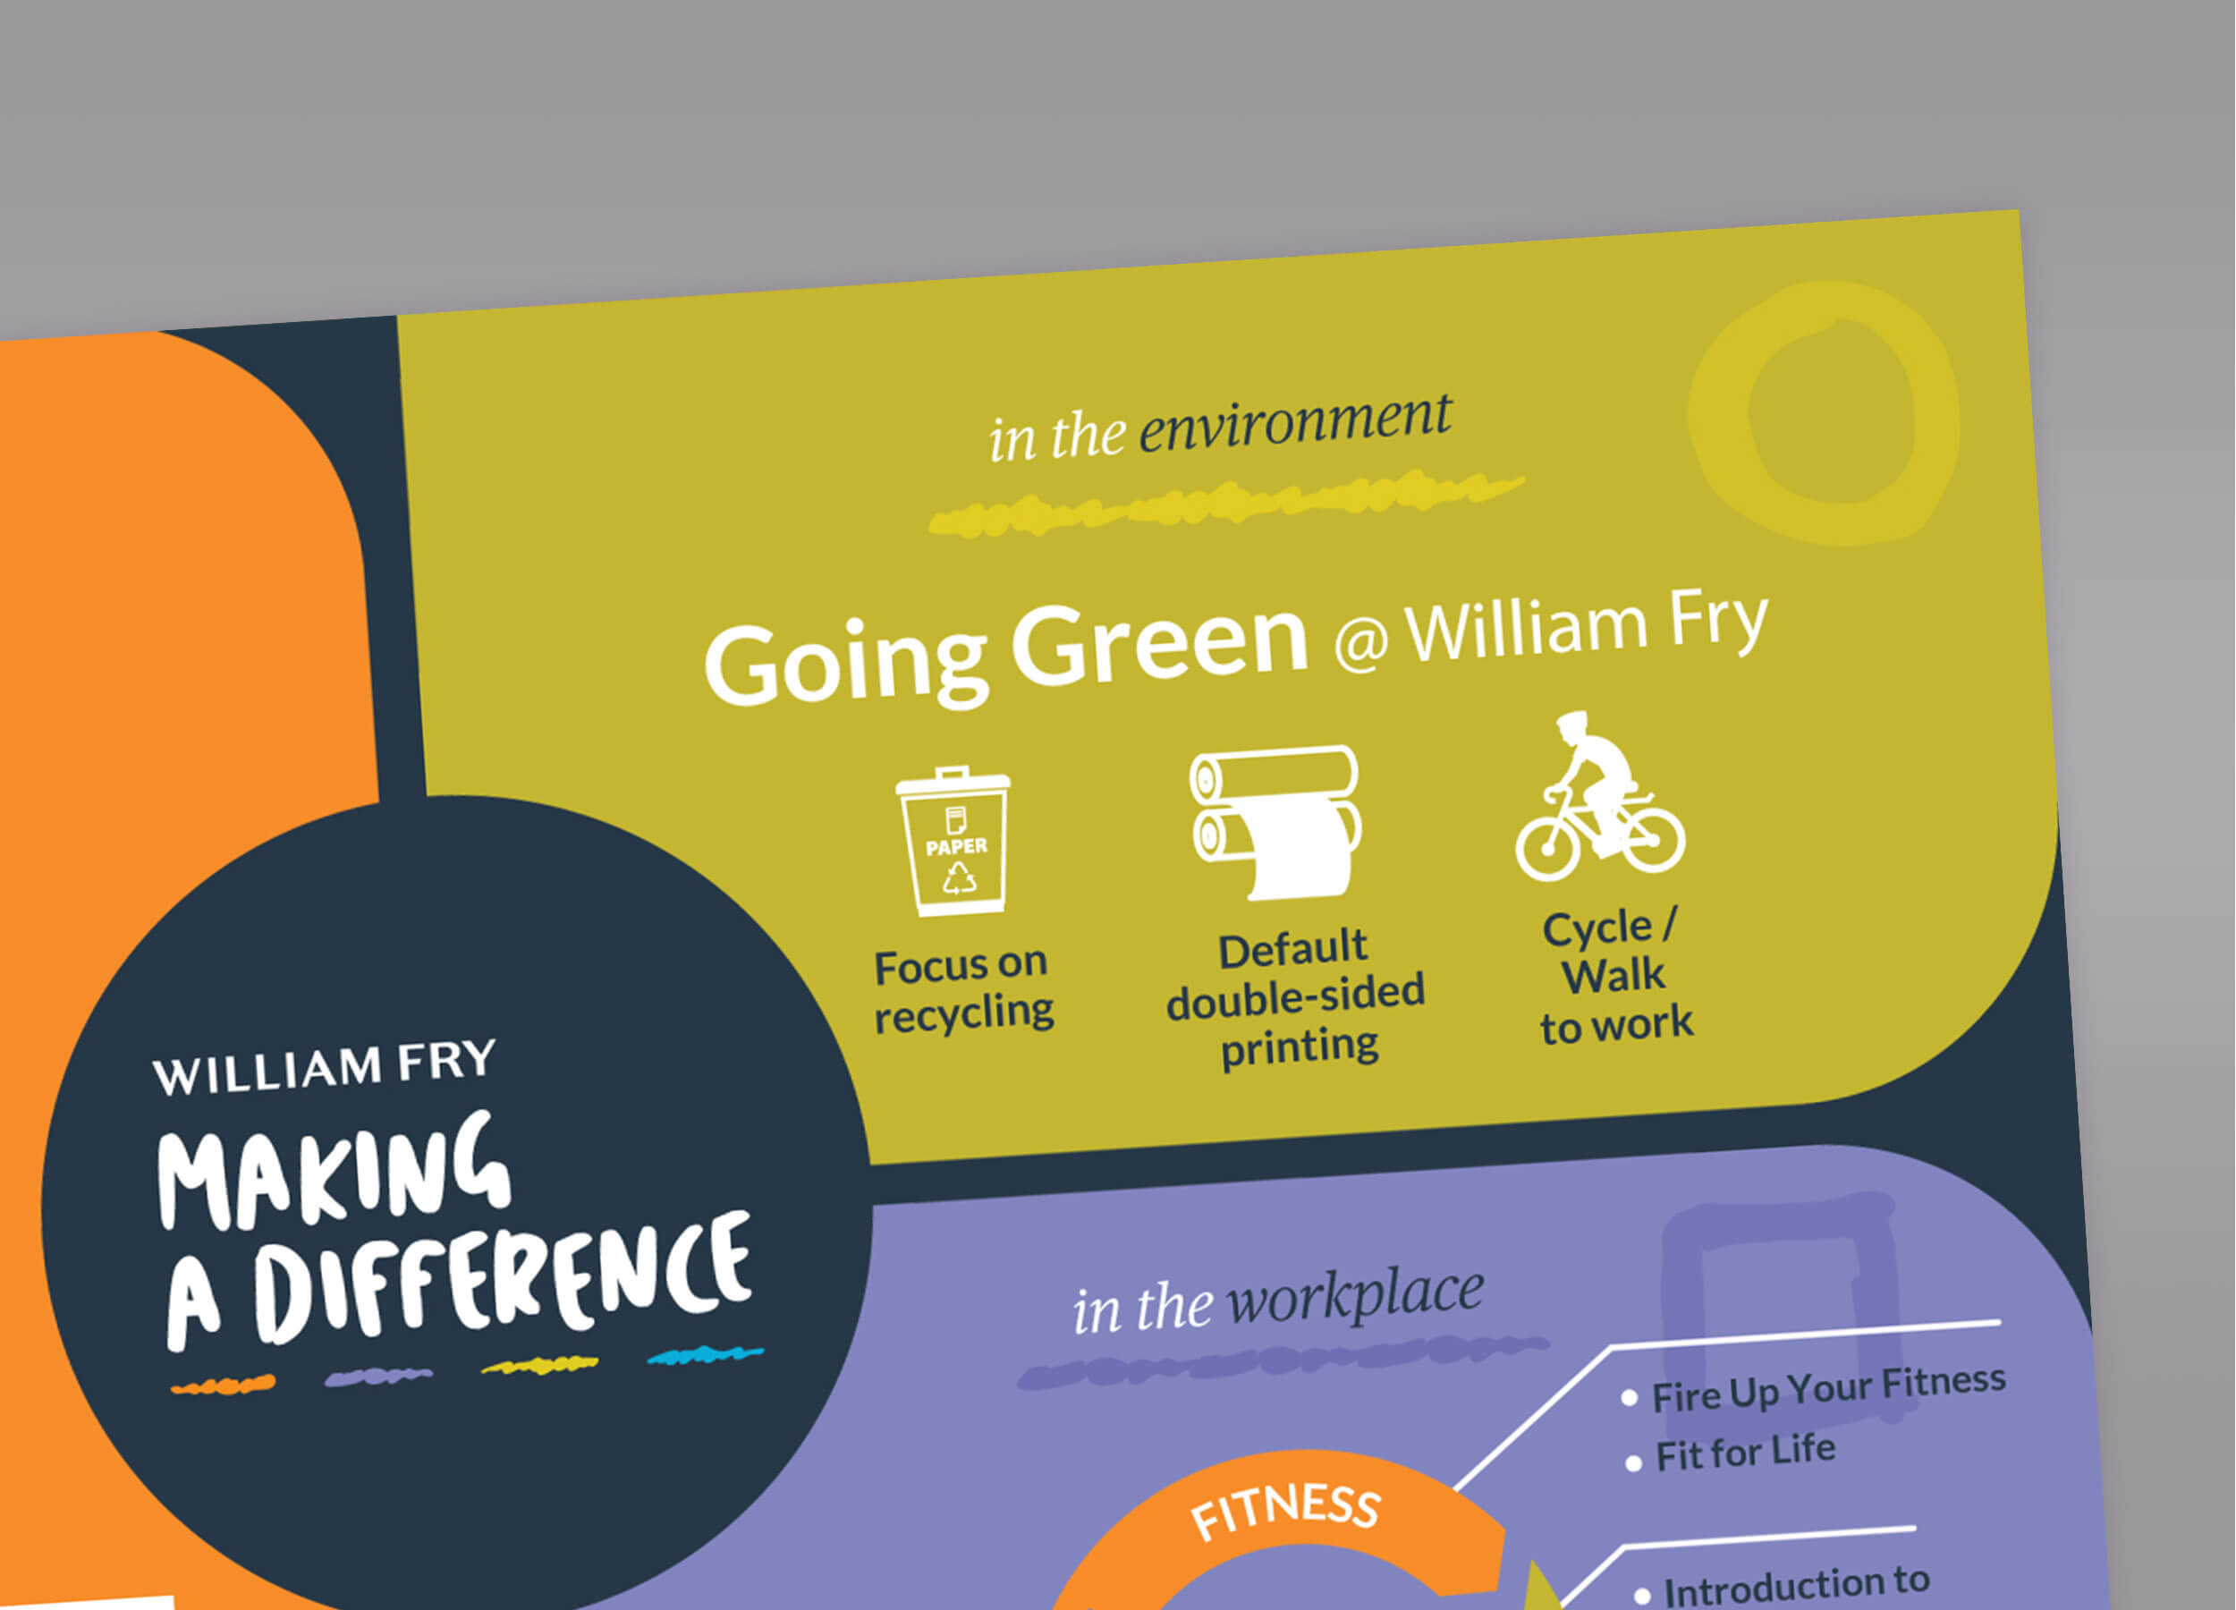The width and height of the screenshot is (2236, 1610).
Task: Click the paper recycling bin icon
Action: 953,841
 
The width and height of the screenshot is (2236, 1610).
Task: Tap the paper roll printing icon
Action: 1275,822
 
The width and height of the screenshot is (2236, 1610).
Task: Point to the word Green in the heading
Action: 1159,646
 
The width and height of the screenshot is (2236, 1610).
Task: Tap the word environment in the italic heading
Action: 1294,424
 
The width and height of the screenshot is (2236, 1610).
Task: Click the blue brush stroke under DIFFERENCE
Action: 705,1355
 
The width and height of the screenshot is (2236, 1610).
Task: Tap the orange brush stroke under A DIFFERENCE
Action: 223,1385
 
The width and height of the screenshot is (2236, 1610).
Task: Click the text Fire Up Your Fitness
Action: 1829,1388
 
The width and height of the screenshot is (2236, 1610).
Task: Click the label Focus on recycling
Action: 962,990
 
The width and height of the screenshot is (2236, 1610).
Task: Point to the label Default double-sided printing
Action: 1295,997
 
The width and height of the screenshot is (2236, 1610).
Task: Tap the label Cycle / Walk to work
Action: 1616,977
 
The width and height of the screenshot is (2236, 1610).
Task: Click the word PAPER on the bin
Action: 955,847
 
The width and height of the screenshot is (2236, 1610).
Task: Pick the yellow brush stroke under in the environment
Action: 1226,504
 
